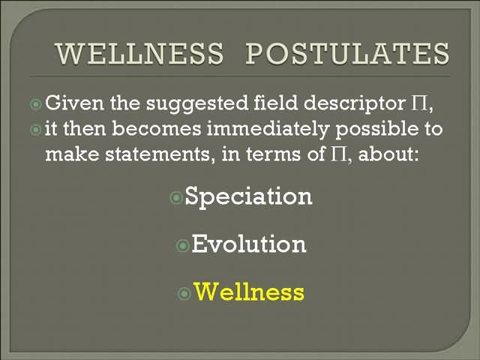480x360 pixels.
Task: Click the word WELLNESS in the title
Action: (139, 53)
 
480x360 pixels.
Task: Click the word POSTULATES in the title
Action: (348, 53)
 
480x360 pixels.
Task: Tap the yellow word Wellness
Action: (249, 292)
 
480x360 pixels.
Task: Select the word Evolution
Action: (249, 244)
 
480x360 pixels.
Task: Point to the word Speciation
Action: (248, 196)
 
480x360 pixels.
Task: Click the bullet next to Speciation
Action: (176, 198)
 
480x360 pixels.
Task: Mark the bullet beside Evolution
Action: (183, 245)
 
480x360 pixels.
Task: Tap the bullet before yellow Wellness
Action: (184, 293)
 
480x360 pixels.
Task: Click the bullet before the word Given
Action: (36, 104)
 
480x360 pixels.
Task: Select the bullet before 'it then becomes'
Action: (36, 130)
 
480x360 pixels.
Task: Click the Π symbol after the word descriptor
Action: (418, 103)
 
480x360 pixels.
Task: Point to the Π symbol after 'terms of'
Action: (338, 154)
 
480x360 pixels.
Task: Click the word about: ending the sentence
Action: (388, 154)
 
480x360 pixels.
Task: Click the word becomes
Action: (157, 129)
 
